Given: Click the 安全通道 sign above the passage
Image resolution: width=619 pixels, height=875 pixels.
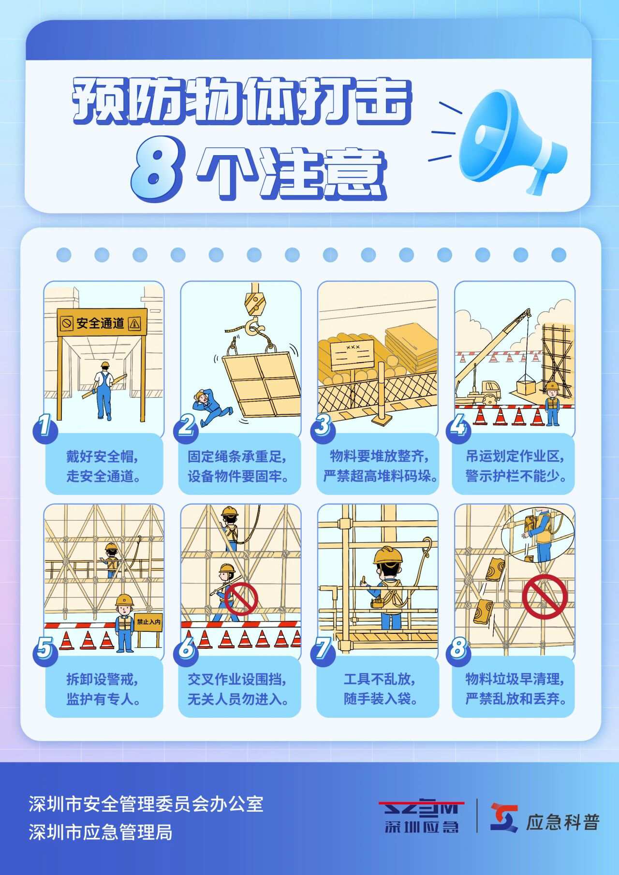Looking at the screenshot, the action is click(102, 322).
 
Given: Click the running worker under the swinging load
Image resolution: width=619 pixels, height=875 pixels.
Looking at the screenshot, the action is click(210, 408).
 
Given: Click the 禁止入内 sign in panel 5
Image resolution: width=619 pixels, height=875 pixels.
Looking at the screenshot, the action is click(148, 622).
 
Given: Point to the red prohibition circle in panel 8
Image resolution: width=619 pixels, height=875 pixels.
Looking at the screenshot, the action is click(545, 597).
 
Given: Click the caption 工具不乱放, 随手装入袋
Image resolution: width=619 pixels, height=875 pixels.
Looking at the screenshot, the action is click(380, 688).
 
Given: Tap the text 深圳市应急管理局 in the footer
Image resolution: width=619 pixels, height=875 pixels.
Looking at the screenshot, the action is click(100, 832).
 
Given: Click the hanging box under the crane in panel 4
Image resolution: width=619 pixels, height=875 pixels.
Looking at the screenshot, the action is click(527, 387).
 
